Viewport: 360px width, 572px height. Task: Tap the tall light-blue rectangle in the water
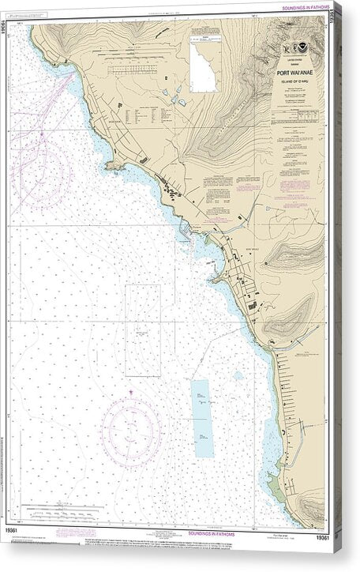click(203, 418)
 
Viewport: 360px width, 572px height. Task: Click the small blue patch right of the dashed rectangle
click(238, 376)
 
